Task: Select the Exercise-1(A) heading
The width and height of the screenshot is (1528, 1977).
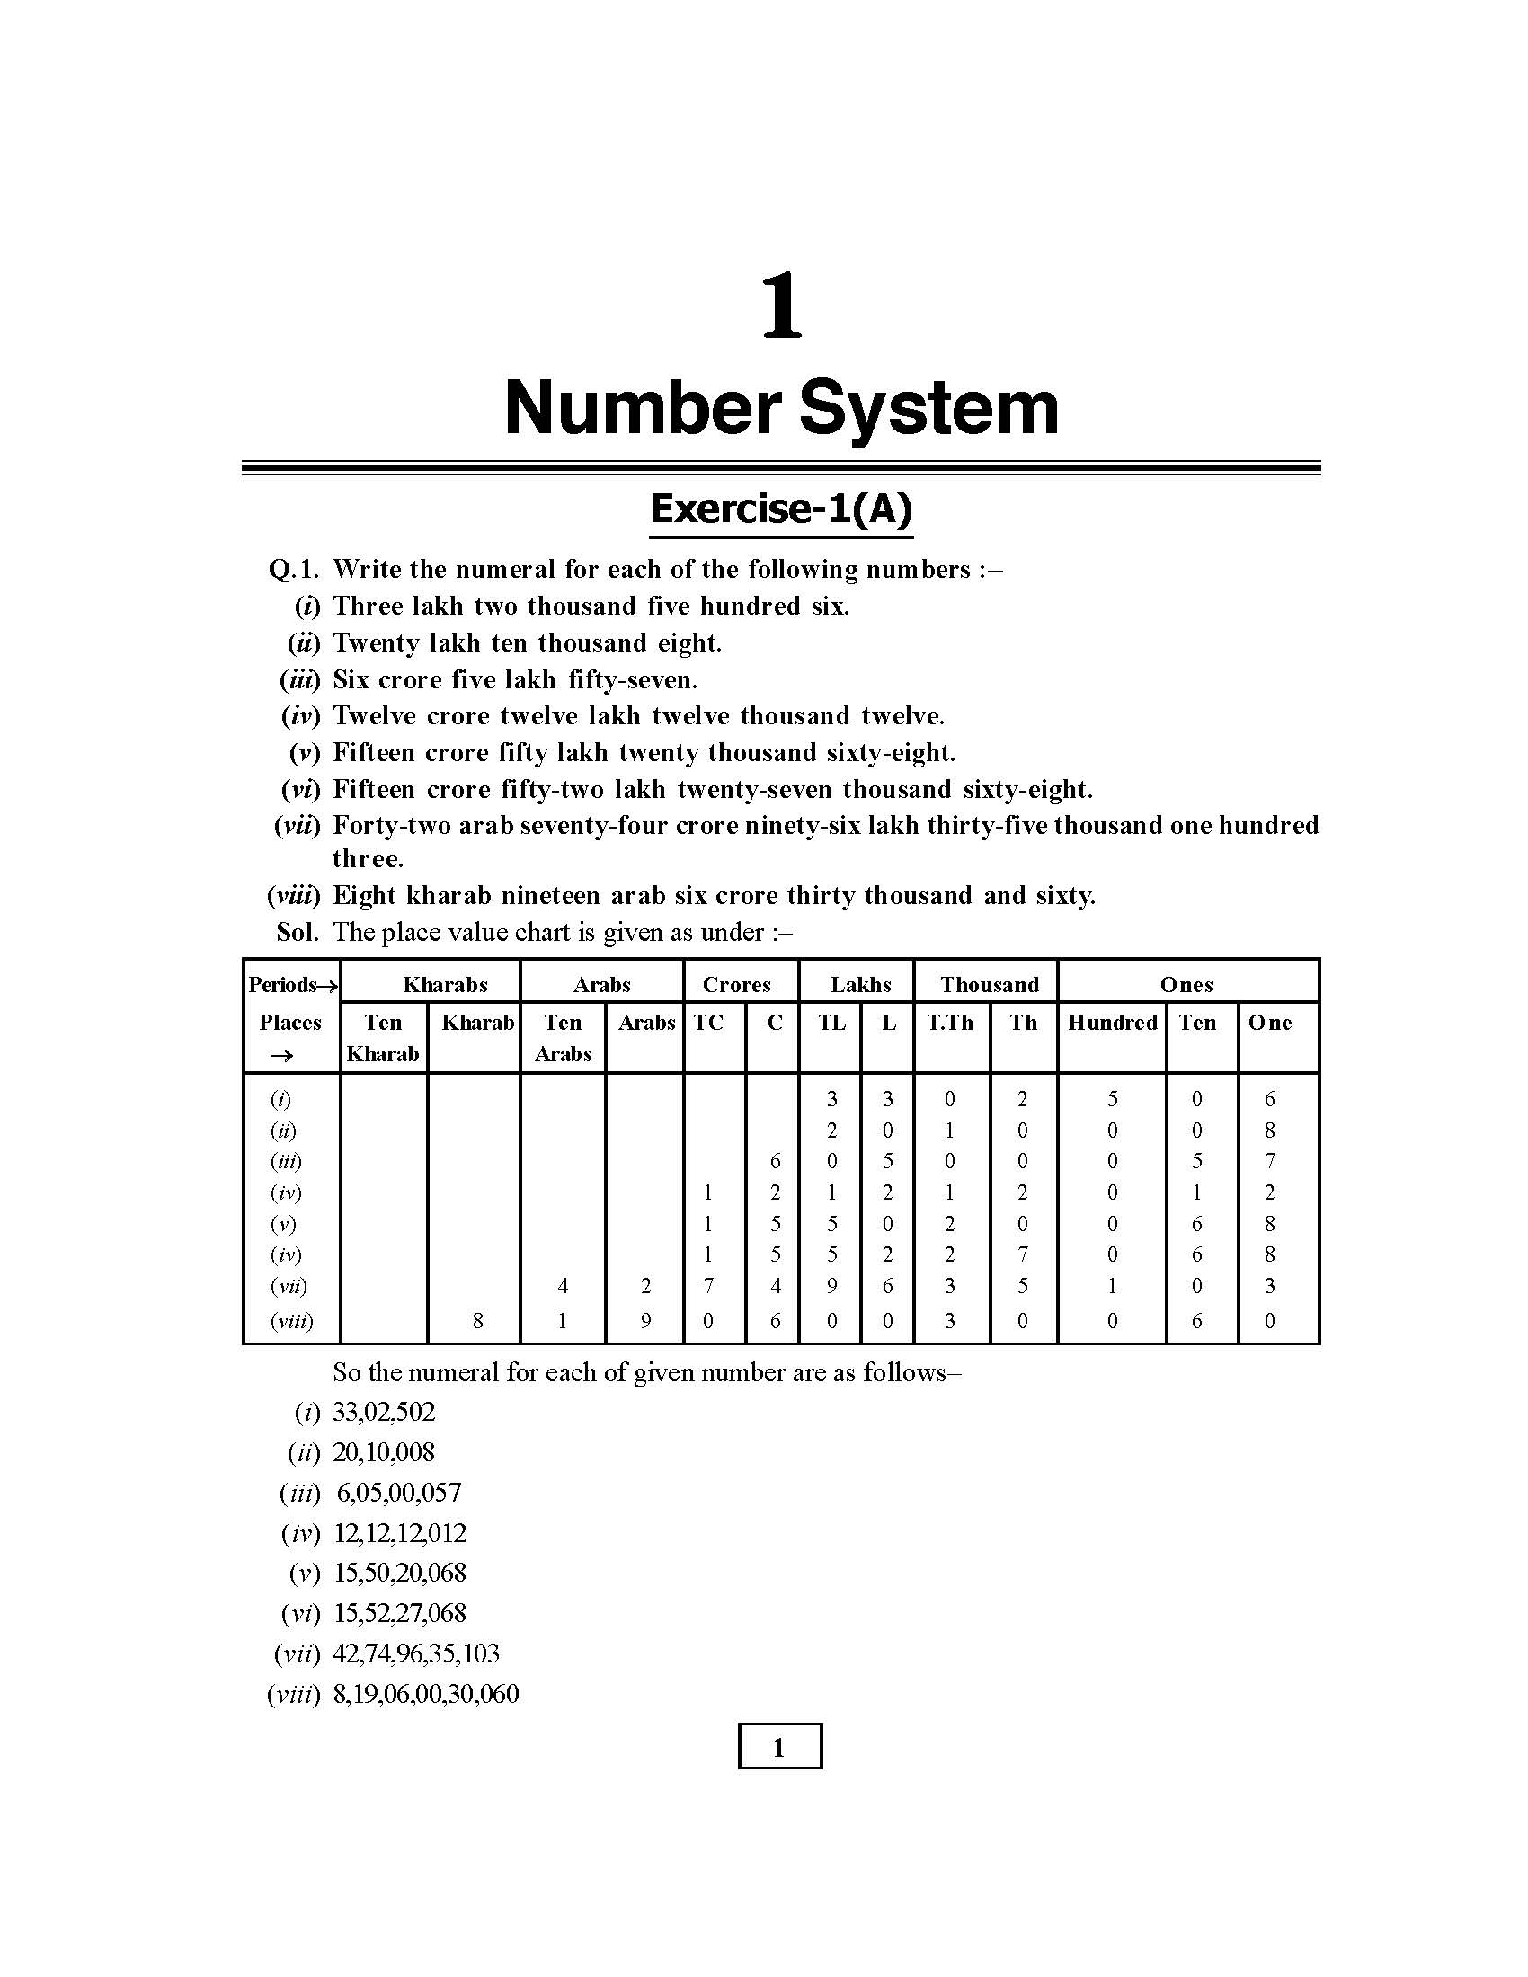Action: pos(780,510)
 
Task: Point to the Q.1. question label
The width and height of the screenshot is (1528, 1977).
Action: pos(294,570)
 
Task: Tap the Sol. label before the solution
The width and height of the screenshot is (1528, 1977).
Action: pos(298,932)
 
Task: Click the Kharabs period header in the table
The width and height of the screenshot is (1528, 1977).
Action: pos(444,985)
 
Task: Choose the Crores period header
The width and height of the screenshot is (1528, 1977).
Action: pos(736,985)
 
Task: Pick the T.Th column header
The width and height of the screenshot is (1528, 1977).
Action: pos(949,1023)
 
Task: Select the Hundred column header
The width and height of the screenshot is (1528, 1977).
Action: pos(1112,1023)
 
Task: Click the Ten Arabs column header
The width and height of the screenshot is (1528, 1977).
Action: pos(562,1037)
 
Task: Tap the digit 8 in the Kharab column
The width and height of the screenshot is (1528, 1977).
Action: pos(477,1321)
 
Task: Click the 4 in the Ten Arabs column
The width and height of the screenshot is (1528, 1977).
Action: pos(562,1285)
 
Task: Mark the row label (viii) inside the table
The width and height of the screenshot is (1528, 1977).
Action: pos(291,1321)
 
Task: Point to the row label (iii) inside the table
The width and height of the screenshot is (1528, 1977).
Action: pos(286,1160)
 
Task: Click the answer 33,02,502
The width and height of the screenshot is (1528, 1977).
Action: pos(384,1412)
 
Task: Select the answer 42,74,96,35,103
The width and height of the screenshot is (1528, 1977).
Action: pos(415,1653)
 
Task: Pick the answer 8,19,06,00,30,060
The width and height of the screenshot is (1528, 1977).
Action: pos(425,1695)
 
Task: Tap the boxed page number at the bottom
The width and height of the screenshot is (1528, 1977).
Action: pos(779,1747)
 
